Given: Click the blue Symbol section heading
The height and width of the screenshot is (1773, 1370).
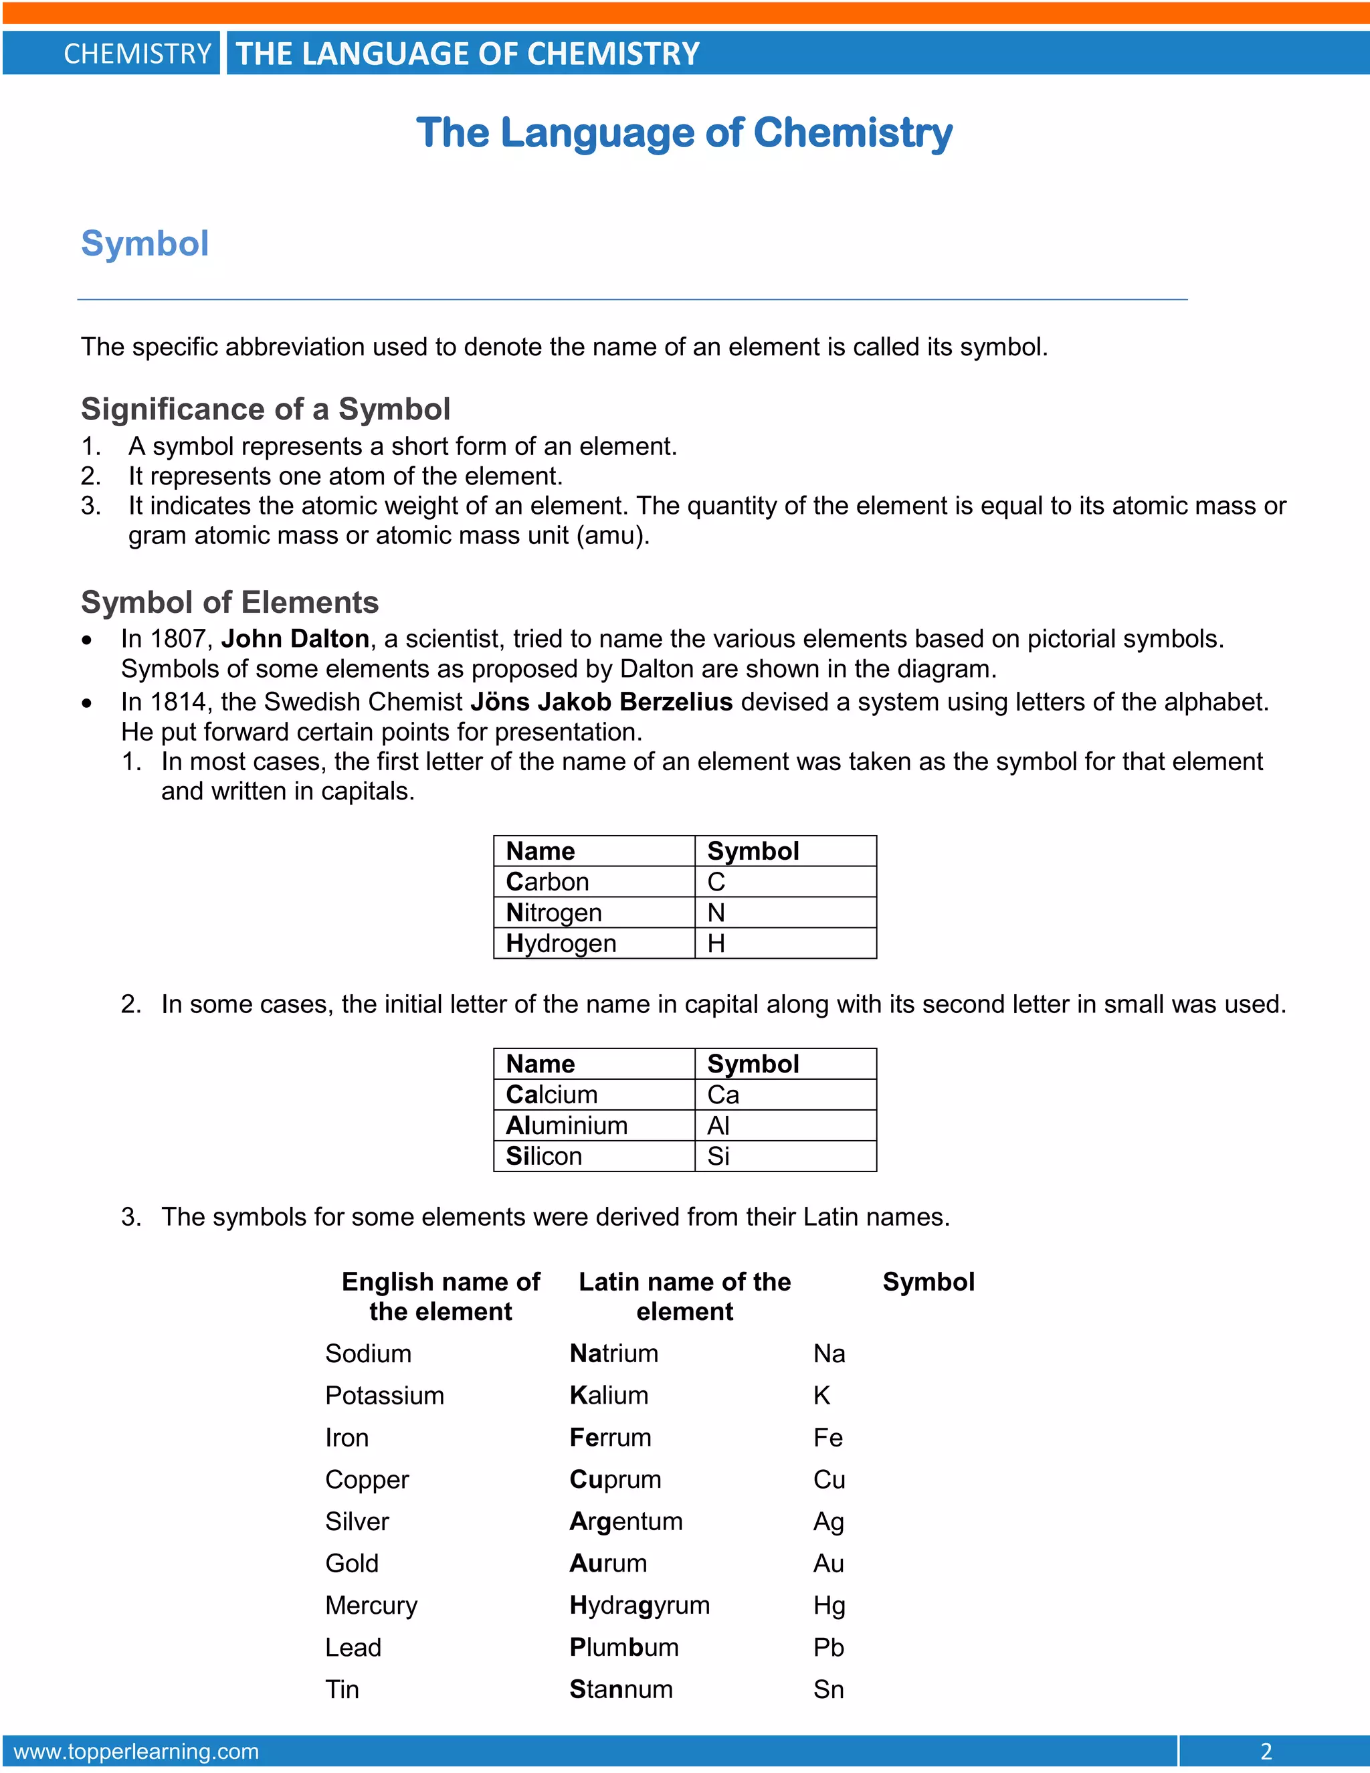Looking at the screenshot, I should click(x=145, y=244).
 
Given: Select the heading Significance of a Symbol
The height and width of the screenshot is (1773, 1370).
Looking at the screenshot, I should click(x=266, y=409).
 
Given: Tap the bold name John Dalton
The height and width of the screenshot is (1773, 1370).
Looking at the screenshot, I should click(x=294, y=639).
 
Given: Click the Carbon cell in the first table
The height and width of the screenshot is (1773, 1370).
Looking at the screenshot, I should click(x=547, y=882).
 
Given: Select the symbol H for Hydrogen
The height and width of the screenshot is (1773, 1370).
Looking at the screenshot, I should click(x=716, y=943).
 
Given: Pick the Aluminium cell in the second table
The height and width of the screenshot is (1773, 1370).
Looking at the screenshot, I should click(x=567, y=1125).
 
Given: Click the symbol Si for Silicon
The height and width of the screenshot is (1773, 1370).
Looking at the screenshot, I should click(x=718, y=1156).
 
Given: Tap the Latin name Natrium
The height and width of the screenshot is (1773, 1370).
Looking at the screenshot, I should click(x=613, y=1354).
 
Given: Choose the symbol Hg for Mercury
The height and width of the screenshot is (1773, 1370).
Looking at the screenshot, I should click(x=829, y=1605).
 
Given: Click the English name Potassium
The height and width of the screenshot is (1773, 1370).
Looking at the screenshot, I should click(x=385, y=1396).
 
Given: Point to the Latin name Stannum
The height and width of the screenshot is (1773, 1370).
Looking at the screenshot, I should click(x=621, y=1689).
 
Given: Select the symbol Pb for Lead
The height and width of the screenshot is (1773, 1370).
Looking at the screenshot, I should click(x=829, y=1647).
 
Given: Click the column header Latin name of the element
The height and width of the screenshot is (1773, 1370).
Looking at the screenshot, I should click(x=684, y=1297).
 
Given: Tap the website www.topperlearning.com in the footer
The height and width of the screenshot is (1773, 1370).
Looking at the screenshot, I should click(x=136, y=1751).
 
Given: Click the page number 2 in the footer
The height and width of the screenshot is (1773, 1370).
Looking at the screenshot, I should click(x=1266, y=1751).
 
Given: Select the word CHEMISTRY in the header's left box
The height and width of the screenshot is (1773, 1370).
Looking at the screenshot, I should click(x=137, y=54).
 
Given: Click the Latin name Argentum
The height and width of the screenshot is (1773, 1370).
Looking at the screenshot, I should click(x=625, y=1521).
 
